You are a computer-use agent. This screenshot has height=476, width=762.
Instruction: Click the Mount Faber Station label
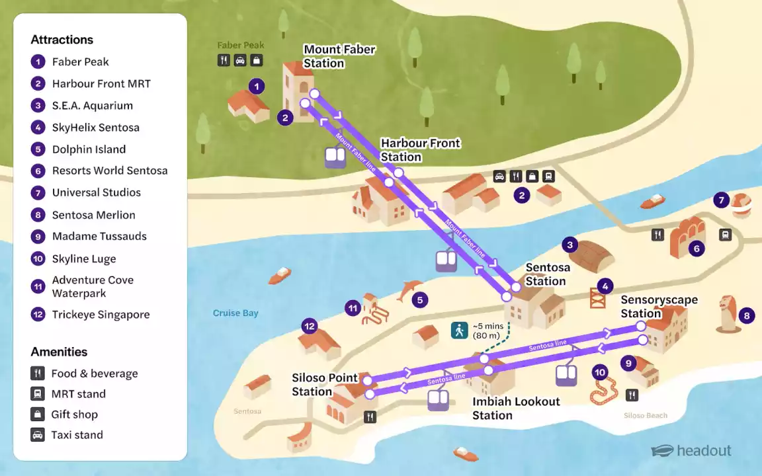pyautogui.click(x=339, y=56)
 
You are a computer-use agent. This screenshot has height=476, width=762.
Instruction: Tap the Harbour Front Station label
pyautogui.click(x=420, y=150)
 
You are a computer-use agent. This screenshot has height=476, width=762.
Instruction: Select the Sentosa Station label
pyautogui.click(x=547, y=274)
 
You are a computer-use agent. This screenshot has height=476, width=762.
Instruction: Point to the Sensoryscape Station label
pyautogui.click(x=659, y=307)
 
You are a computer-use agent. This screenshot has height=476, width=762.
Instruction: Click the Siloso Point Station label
pyautogui.click(x=324, y=385)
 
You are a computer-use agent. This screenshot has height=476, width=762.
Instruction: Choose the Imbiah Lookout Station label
pyautogui.click(x=516, y=409)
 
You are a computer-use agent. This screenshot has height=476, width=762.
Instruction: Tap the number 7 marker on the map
pyautogui.click(x=722, y=200)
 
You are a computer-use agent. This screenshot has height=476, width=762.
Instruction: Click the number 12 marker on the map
pyautogui.click(x=310, y=326)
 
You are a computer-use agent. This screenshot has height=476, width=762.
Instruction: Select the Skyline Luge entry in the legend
pyautogui.click(x=84, y=258)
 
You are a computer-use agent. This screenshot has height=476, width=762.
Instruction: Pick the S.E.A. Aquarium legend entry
pyautogui.click(x=92, y=106)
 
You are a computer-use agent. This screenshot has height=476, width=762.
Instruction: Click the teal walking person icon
pyautogui.click(x=459, y=330)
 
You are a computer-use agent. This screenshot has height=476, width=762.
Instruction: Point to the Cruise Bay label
pyautogui.click(x=235, y=313)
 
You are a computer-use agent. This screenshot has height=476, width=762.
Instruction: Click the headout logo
pyautogui.click(x=691, y=451)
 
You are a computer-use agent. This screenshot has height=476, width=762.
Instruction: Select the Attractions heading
pyautogui.click(x=62, y=40)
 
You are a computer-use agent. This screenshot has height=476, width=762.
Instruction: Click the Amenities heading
pyautogui.click(x=59, y=352)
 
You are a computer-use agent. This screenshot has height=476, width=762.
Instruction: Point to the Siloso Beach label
pyautogui.click(x=645, y=416)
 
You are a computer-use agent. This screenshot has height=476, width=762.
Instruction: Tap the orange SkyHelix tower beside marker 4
pyautogui.click(x=597, y=298)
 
